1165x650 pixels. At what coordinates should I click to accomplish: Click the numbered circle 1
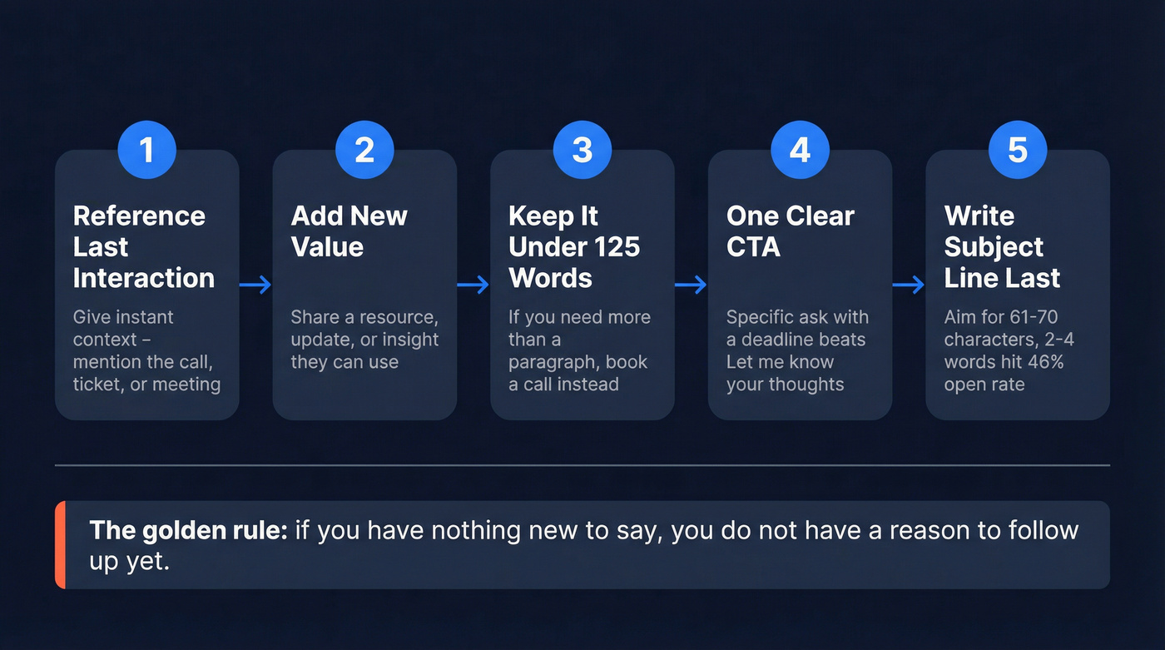tap(146, 150)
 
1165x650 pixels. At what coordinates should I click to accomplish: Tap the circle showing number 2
tap(364, 150)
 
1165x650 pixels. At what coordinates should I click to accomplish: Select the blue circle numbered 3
tap(582, 150)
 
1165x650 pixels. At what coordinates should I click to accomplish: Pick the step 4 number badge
tap(800, 150)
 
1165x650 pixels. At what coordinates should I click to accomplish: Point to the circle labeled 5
tap(1018, 150)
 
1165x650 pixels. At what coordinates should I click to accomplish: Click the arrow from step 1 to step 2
tap(255, 285)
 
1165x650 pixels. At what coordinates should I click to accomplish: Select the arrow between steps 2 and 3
tap(473, 285)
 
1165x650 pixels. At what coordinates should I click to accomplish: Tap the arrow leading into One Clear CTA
tap(691, 285)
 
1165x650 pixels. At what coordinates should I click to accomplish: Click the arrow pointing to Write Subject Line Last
tap(909, 285)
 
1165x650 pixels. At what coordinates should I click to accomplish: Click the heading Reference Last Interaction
tap(143, 246)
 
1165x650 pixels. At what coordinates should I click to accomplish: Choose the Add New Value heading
tap(349, 231)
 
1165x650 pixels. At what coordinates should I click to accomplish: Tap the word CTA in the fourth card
tap(753, 246)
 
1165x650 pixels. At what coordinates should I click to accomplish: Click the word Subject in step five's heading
tap(994, 246)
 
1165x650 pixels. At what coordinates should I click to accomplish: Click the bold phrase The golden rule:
tap(188, 530)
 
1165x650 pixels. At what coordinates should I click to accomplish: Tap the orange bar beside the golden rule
tap(59, 545)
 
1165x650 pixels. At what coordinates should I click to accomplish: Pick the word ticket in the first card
tap(97, 385)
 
